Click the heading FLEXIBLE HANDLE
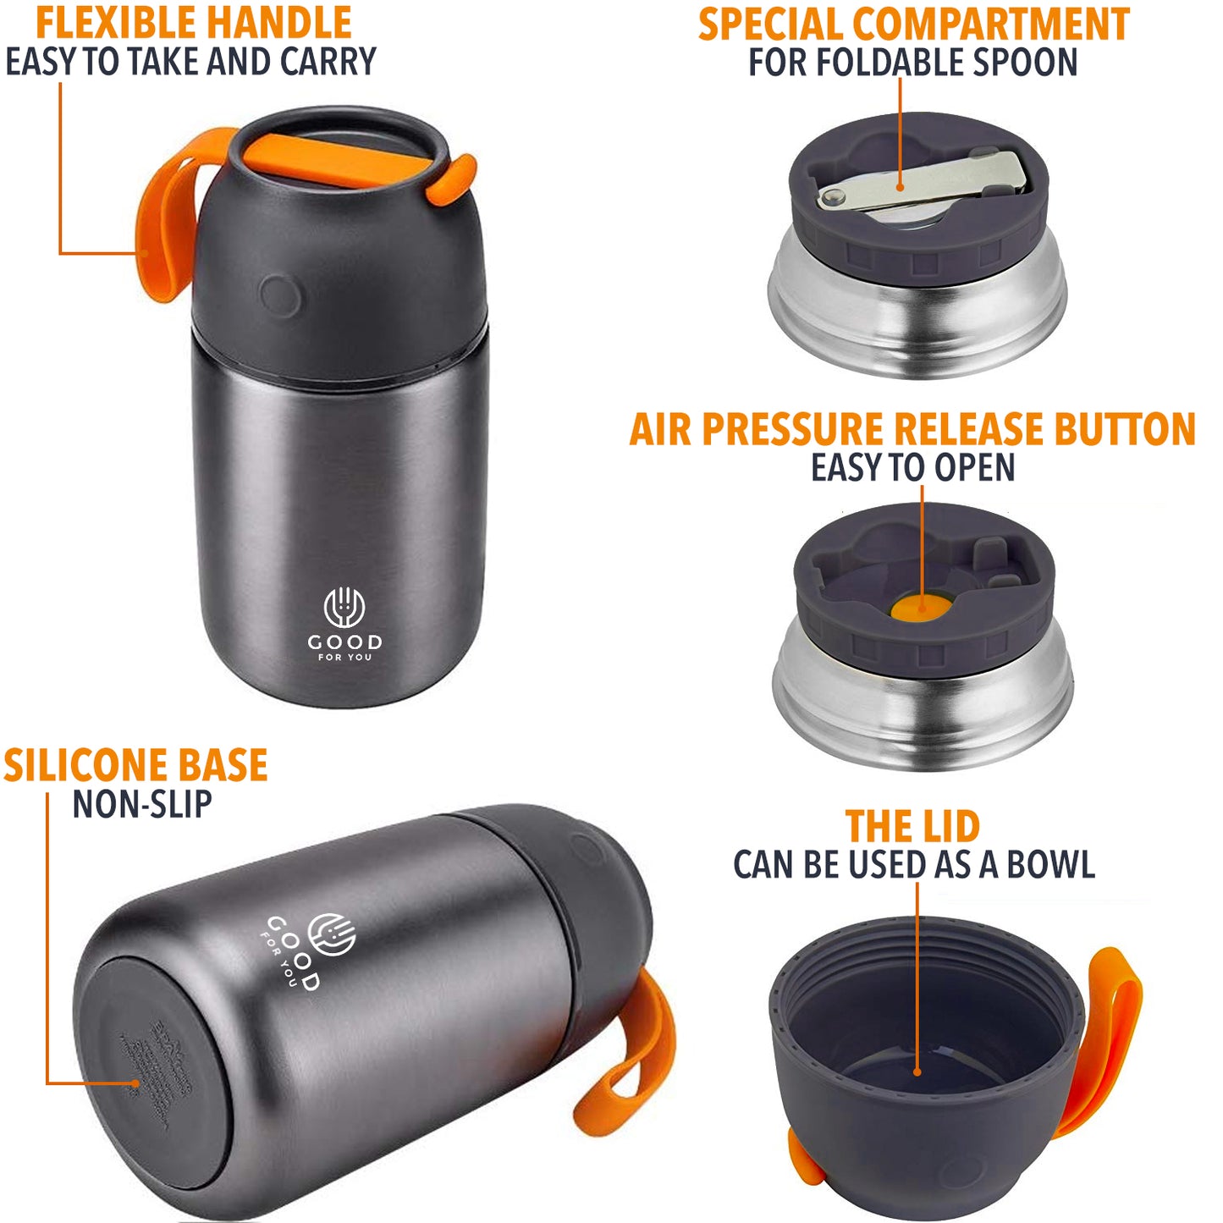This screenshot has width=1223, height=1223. pyautogui.click(x=193, y=23)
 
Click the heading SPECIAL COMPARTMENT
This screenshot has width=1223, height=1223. pyautogui.click(x=913, y=24)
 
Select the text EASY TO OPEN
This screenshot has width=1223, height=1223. pyautogui.click(x=912, y=467)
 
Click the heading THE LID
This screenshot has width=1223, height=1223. pyautogui.click(x=912, y=826)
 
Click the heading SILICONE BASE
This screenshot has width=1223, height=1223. pyautogui.click(x=135, y=765)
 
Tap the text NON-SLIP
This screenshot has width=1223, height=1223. pyautogui.click(x=141, y=804)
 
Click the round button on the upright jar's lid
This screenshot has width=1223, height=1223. pyautogui.click(x=278, y=295)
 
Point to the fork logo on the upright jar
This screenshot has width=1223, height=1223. pyautogui.click(x=344, y=607)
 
